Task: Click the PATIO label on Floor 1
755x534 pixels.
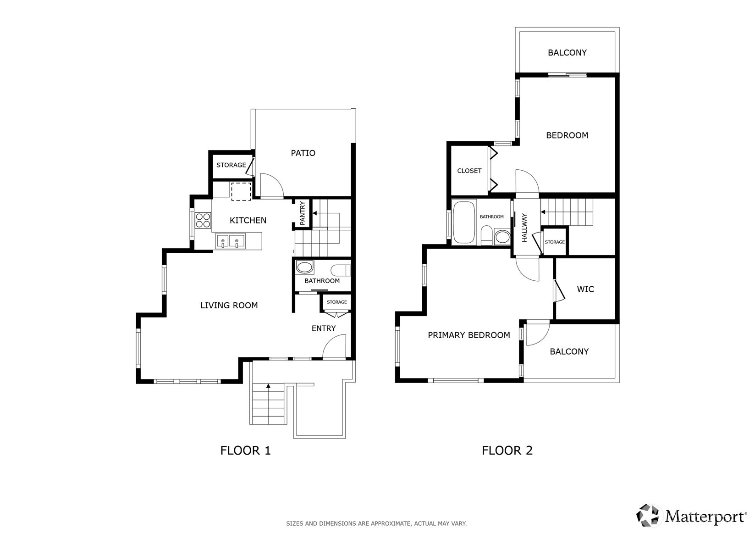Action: point(303,153)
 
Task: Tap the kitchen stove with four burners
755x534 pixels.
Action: point(203,221)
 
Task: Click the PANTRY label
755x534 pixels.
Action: point(303,213)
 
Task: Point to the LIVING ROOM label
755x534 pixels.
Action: point(229,306)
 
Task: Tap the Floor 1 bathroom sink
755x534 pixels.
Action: point(305,267)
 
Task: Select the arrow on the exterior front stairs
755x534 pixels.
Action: point(268,386)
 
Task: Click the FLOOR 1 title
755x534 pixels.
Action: point(245,451)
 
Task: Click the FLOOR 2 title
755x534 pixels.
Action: point(507,451)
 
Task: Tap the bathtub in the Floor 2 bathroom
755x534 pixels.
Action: point(464,222)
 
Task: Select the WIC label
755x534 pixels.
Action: point(585,289)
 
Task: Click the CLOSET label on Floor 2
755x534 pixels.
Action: point(469,171)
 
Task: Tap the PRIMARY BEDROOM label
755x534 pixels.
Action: point(468,335)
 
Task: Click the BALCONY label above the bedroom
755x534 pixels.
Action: point(567,53)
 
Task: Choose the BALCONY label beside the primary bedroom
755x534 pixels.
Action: point(569,352)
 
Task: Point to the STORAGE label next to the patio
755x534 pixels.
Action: point(231,165)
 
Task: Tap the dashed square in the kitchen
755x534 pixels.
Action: point(241,191)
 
